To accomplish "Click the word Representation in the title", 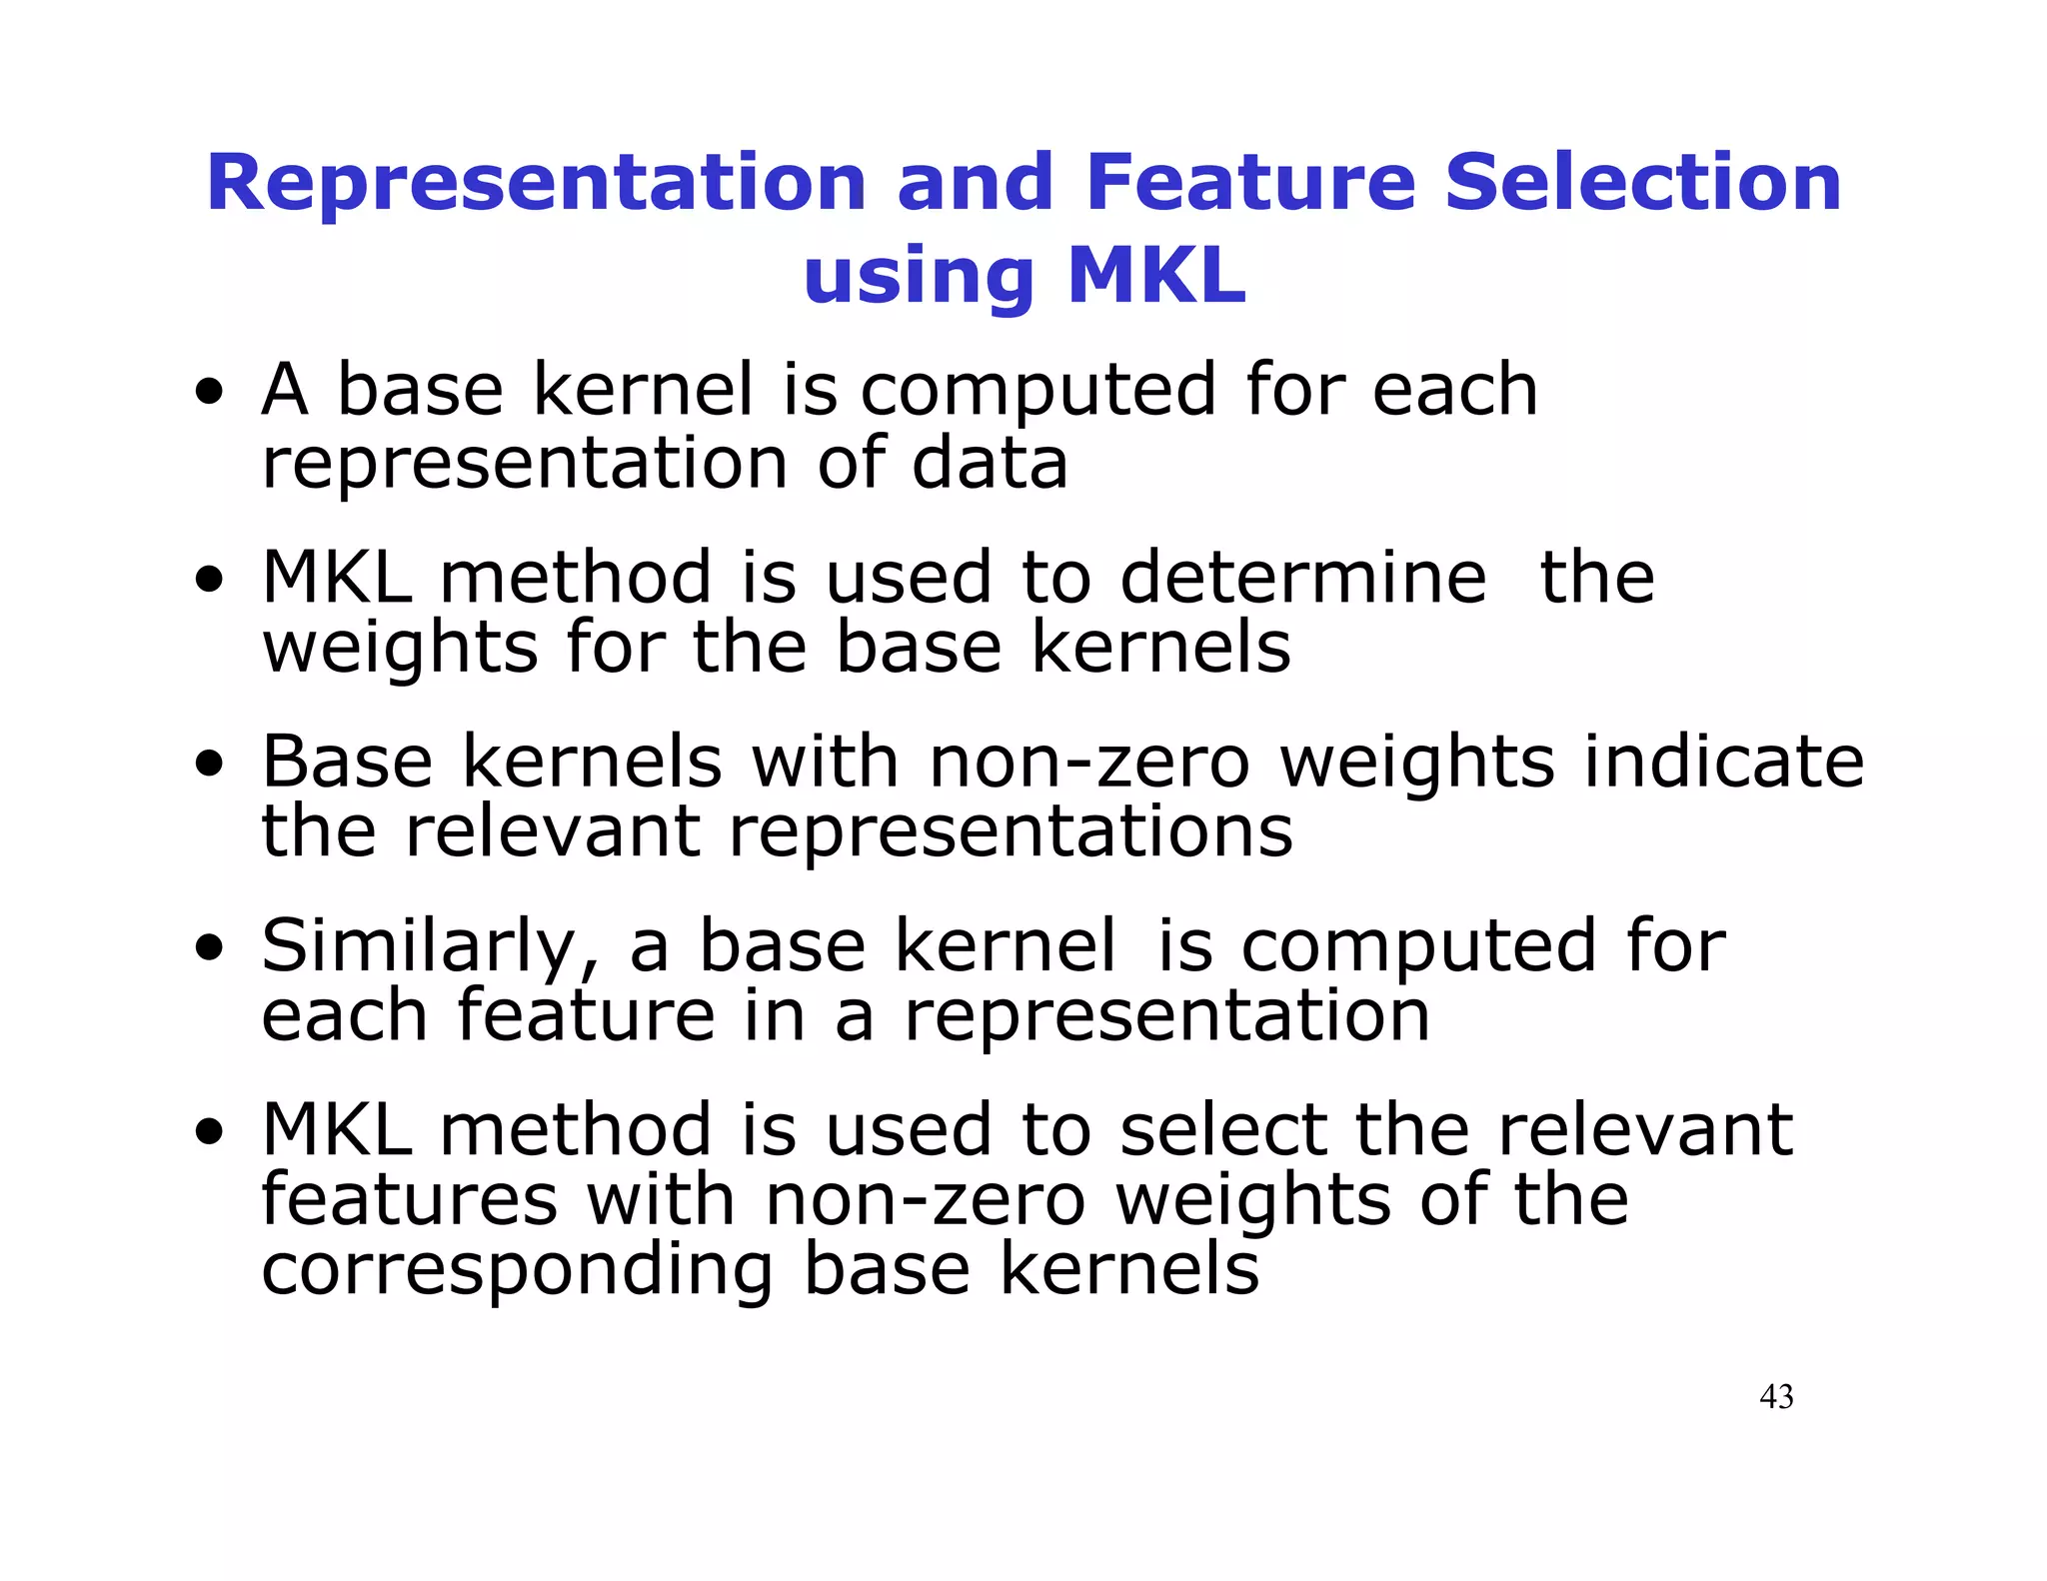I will click(x=536, y=184).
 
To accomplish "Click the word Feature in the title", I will click(x=1249, y=184).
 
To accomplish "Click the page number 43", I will click(x=1775, y=1396).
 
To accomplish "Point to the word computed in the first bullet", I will click(x=1037, y=391).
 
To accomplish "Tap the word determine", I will click(x=1302, y=578).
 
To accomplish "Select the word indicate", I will click(x=1724, y=763).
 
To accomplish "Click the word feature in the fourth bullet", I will click(x=586, y=1015).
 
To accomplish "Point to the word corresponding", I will click(x=517, y=1271).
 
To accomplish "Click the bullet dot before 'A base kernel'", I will click(x=209, y=393).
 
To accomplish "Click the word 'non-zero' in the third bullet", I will click(x=1088, y=763).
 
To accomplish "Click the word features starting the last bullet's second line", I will click(x=409, y=1199).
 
